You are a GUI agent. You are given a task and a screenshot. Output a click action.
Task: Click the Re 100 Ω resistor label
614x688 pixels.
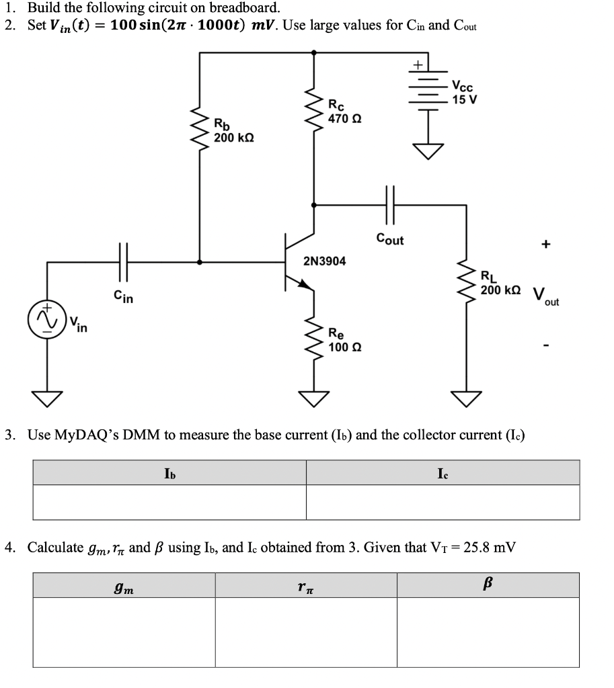tap(345, 339)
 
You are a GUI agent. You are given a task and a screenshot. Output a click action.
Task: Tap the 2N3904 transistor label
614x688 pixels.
tap(325, 261)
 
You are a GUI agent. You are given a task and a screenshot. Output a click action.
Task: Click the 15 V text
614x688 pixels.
tap(465, 99)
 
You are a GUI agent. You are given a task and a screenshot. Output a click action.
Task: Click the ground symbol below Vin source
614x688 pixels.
tap(46, 399)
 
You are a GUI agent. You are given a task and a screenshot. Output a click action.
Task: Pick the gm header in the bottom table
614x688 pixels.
tap(124, 585)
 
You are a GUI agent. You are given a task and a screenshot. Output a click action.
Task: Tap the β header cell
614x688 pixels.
tap(488, 585)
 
